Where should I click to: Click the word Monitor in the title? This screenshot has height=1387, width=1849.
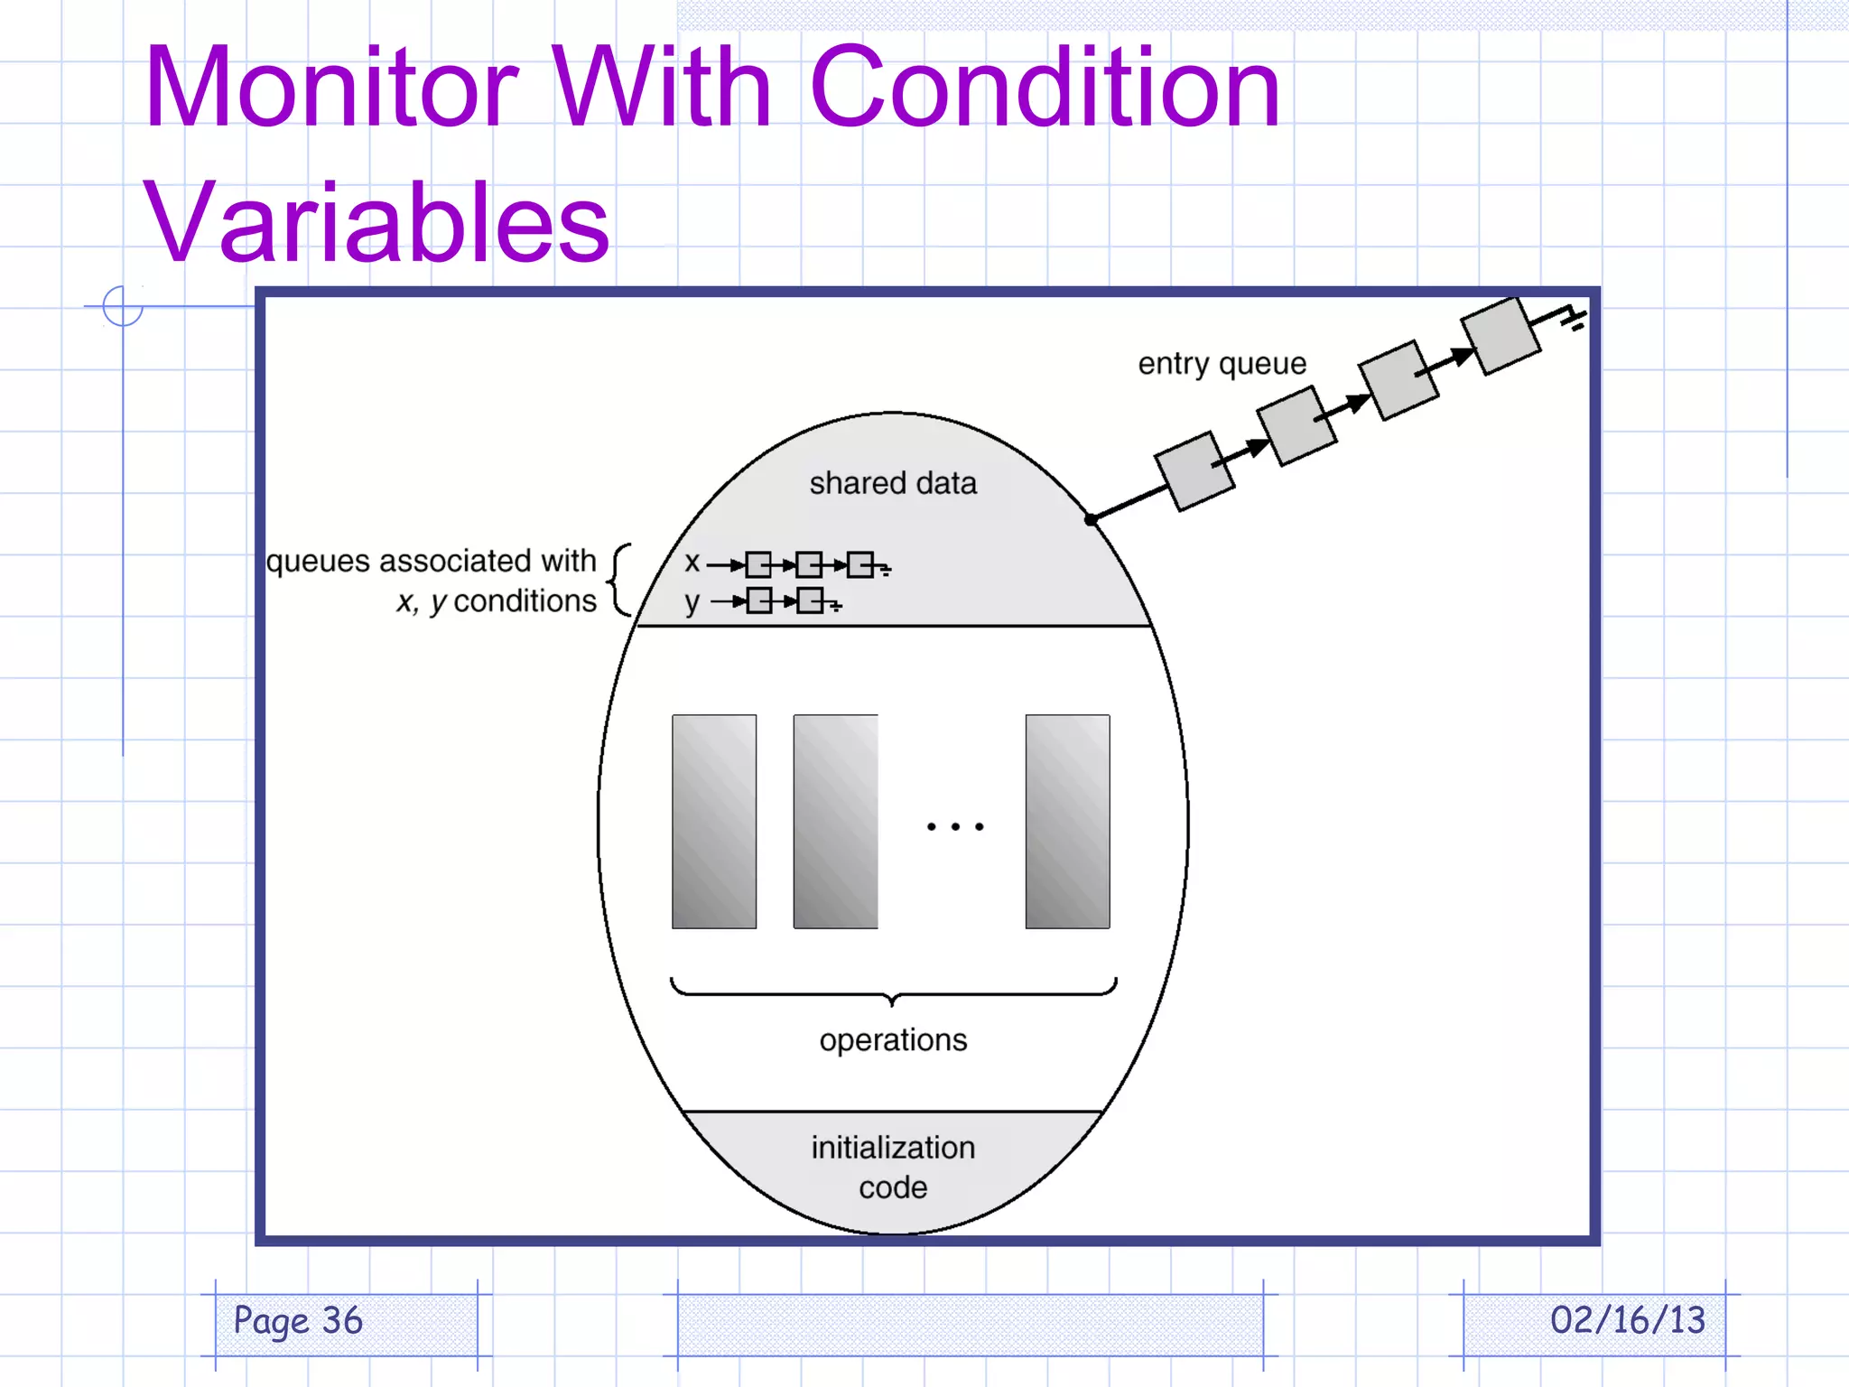(332, 88)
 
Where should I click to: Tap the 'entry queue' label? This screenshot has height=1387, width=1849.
(1222, 363)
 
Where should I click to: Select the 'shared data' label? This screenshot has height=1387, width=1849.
(893, 483)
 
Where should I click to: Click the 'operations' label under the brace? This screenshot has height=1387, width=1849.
(893, 1040)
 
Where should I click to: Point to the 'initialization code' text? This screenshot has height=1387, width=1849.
(893, 1167)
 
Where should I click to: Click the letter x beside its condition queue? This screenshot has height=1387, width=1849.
(692, 563)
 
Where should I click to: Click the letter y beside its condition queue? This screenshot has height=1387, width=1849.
(692, 601)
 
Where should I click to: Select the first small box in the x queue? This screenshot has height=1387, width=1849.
(758, 565)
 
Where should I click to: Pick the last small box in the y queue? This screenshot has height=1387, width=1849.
(811, 600)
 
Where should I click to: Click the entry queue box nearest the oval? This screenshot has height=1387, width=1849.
(1194, 470)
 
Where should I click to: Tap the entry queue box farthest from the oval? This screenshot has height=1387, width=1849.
(1500, 335)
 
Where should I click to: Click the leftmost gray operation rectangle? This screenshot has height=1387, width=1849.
(714, 821)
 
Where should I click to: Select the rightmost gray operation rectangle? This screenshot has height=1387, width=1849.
(1067, 821)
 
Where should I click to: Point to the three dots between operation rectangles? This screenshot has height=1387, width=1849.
(955, 826)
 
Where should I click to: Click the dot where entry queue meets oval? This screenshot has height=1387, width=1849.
(1091, 519)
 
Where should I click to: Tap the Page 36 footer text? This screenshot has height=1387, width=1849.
(298, 1321)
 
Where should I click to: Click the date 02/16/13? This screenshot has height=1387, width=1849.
(1627, 1320)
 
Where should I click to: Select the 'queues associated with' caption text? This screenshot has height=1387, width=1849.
(432, 561)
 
